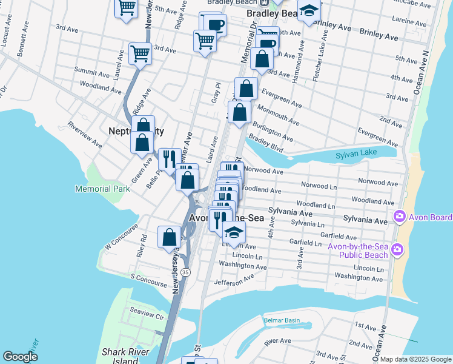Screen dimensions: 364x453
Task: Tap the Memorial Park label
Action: [102, 189]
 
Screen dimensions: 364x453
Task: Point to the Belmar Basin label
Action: [282, 320]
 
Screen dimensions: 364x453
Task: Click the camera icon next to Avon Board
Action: [399, 217]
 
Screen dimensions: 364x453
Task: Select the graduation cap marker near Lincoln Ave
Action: [234, 231]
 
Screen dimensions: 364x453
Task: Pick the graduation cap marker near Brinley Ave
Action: [309, 12]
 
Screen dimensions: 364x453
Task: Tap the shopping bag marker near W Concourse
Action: [169, 237]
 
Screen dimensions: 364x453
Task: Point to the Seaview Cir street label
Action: [148, 316]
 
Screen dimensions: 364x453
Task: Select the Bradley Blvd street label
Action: [266, 144]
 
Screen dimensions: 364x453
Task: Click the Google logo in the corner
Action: [20, 357]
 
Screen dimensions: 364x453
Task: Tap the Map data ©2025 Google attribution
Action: [415, 359]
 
